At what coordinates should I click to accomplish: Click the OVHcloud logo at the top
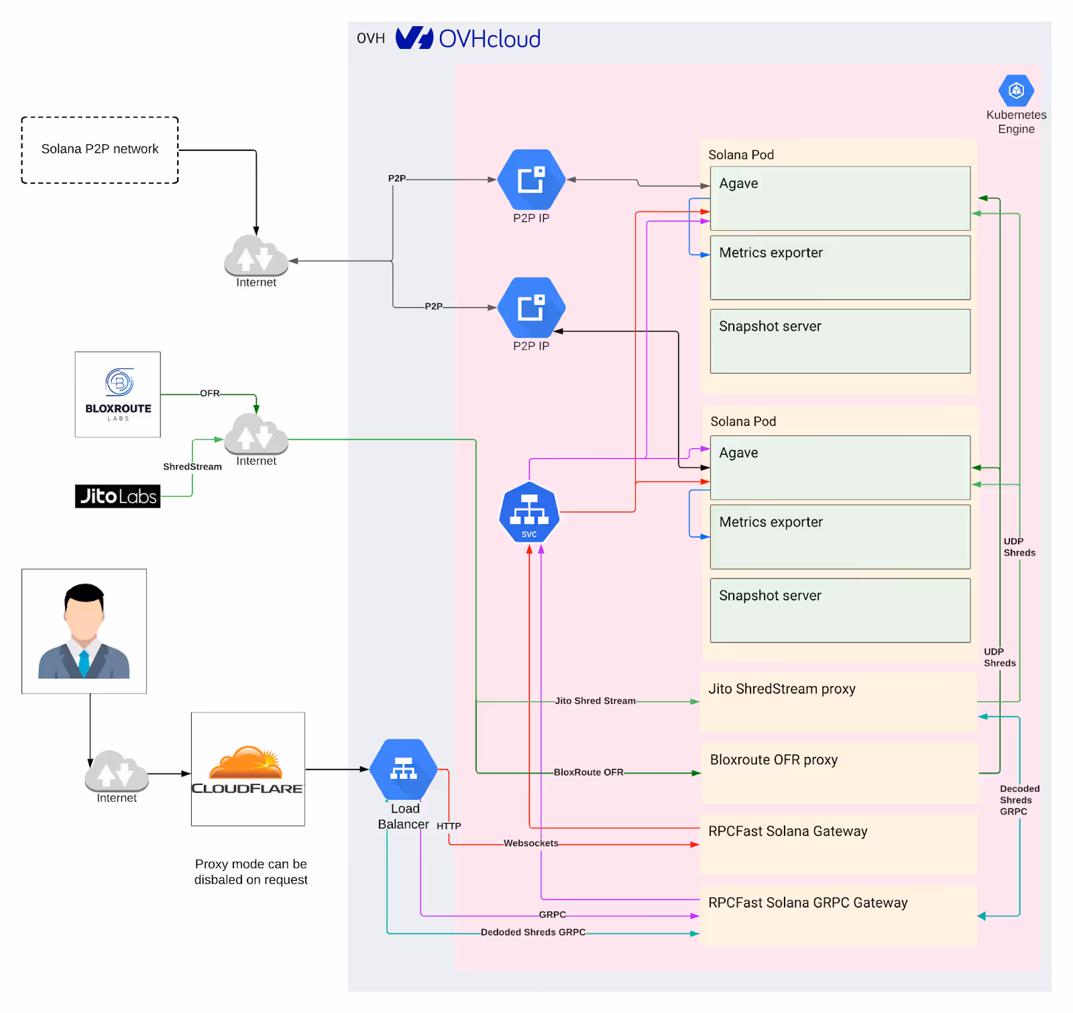pos(468,38)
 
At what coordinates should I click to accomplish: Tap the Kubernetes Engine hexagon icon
pos(1016,91)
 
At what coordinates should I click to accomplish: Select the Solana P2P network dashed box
pos(100,150)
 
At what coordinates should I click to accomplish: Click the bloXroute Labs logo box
pos(118,394)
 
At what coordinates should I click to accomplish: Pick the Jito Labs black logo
pos(118,496)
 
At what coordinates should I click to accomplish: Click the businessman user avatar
pos(84,631)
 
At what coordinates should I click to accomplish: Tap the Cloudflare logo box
pos(248,769)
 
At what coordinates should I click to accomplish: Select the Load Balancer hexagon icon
pos(404,769)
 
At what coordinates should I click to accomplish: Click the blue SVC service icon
pos(529,513)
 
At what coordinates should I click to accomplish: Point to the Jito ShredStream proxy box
pos(838,702)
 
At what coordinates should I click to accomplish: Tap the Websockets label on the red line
pos(530,843)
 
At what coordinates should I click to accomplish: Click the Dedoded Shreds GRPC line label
pos(533,932)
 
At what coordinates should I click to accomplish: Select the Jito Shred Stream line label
pos(595,701)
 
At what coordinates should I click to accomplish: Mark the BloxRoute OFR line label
pos(588,772)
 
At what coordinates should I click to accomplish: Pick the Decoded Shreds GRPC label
pos(1019,800)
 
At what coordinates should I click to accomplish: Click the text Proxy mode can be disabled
pos(251,872)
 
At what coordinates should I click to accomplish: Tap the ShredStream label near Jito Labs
pos(192,467)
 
